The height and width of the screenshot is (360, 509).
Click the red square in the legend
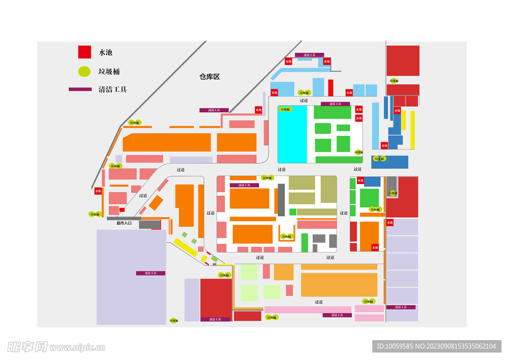(x=85, y=52)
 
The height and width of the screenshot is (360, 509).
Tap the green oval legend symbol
(x=85, y=71)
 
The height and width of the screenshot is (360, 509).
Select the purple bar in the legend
(x=80, y=90)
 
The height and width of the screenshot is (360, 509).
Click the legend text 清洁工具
(x=113, y=90)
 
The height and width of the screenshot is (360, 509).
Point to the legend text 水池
(x=106, y=52)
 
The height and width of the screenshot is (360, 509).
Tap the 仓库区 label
(x=209, y=77)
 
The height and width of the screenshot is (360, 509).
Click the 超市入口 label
(x=124, y=223)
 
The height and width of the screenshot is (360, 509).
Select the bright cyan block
(x=292, y=134)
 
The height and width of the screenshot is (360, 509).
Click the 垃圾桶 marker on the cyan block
(x=284, y=109)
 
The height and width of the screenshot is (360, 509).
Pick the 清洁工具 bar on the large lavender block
(x=151, y=273)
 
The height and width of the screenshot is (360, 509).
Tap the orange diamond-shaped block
(x=156, y=203)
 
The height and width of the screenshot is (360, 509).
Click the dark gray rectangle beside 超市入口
(x=149, y=225)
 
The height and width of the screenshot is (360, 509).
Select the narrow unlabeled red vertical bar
(x=331, y=88)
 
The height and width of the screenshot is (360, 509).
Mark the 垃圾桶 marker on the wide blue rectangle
(x=379, y=159)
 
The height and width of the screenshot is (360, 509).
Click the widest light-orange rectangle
(x=339, y=284)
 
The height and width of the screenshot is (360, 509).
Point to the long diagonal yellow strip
(x=185, y=247)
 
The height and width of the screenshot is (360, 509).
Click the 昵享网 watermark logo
(x=27, y=346)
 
